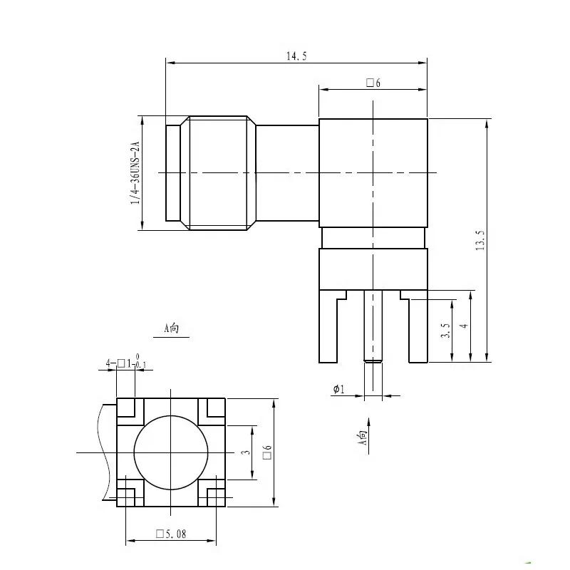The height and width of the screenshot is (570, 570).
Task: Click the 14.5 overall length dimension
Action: coord(296,56)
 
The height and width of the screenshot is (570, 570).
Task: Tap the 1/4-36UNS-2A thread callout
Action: coord(134,173)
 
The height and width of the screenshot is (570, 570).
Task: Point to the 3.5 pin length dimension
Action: coord(445,331)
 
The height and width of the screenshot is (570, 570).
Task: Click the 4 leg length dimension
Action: coord(463,326)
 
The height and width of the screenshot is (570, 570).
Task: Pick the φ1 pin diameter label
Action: coord(338,389)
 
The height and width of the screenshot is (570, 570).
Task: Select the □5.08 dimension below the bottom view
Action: coord(171,534)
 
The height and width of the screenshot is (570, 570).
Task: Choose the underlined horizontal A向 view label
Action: coord(172,328)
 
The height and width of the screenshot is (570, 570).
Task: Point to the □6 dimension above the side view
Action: coord(373,83)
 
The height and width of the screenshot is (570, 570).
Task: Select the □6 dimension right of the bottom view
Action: coord(267,452)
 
